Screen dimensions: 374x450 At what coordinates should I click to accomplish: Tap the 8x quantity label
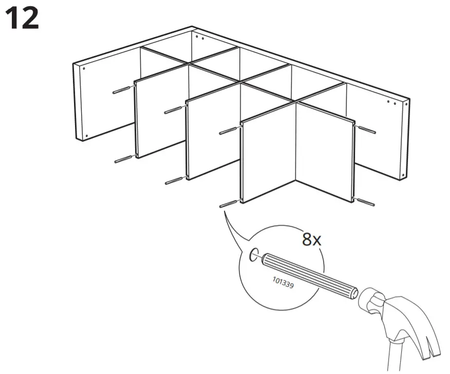311,239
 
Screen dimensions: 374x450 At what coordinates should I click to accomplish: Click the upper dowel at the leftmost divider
122,90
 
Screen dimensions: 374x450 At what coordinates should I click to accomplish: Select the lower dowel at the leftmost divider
124,159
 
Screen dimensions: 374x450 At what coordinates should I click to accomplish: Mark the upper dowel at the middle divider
174,109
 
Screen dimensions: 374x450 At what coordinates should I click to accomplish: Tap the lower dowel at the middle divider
175,180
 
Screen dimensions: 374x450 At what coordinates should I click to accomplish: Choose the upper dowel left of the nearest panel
229,131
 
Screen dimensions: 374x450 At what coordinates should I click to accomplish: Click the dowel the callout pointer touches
228,204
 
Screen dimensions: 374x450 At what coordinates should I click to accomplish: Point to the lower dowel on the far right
365,202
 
